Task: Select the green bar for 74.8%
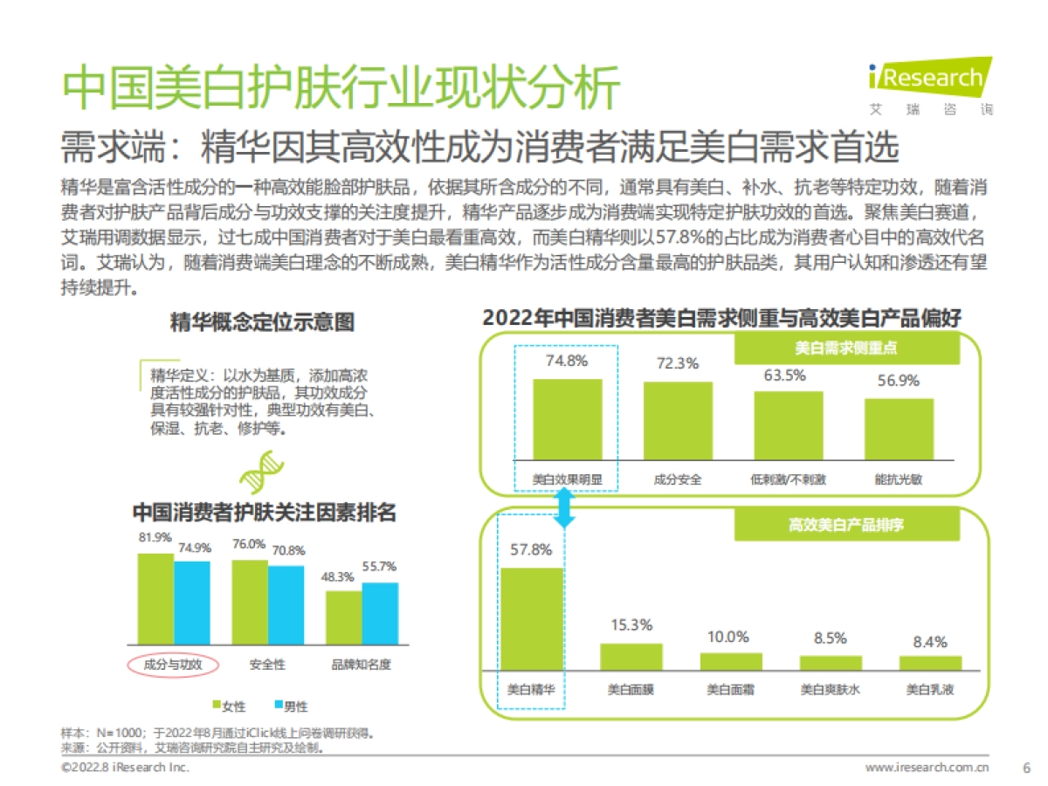(567, 419)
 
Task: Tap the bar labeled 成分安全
(678, 420)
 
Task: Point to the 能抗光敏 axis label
(899, 479)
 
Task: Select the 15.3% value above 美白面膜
(631, 624)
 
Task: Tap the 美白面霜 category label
(731, 689)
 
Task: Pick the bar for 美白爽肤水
(831, 662)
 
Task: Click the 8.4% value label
(929, 642)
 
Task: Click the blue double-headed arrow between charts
(566, 507)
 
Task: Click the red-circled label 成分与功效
(172, 665)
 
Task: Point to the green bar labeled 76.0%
(250, 602)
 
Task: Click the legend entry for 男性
(290, 706)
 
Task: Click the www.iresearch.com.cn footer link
(927, 768)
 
